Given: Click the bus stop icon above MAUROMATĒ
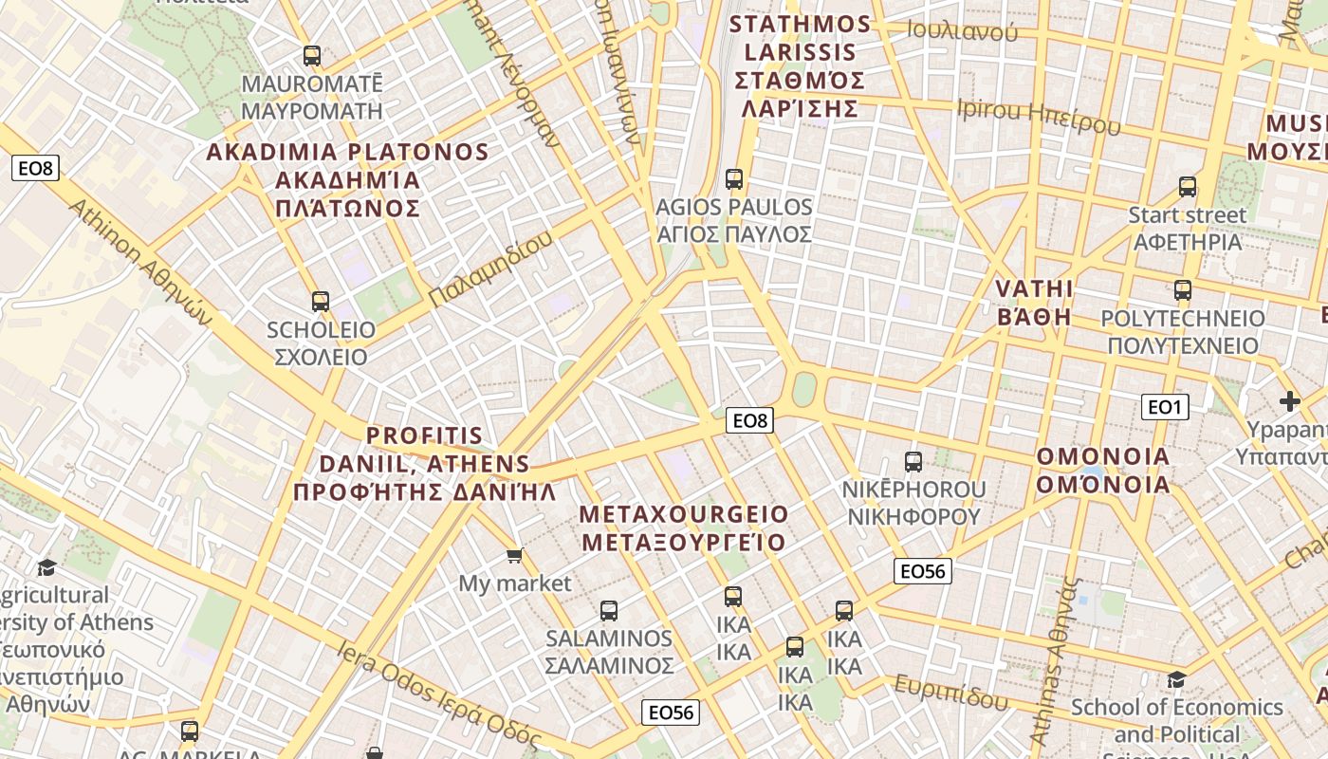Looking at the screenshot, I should pos(311,56).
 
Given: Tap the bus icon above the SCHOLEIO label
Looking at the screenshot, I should pos(321,302).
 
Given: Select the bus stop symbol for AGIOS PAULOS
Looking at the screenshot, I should pos(733,178).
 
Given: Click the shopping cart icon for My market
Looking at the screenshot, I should pos(514,555).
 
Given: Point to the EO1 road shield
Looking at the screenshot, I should pos(1164,407).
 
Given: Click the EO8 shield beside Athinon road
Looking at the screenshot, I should pos(36,169).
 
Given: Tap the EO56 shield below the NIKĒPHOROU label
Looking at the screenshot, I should pos(922,570).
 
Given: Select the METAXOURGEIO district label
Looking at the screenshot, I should pos(684,528).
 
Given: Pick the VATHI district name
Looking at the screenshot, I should pos(1034,303).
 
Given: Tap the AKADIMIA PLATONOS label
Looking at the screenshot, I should pos(347,180).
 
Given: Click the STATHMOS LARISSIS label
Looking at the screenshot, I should pos(800,66).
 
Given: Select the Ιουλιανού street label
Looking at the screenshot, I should pos(962,30).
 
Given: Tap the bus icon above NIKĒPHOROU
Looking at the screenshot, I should pos(913,462).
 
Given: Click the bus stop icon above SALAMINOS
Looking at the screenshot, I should pos(609,611).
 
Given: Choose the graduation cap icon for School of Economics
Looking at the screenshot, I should pos(1176,679).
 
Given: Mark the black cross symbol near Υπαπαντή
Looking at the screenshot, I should pos(1289,401).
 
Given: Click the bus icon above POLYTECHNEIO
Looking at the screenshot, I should pos(1182,290).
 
